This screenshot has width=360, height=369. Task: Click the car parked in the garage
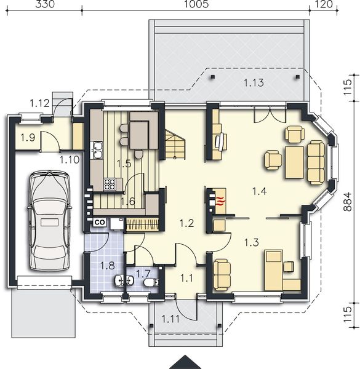click(49, 221)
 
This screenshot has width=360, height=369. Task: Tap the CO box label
click(100, 223)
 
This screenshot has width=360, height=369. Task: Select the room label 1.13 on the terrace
click(254, 83)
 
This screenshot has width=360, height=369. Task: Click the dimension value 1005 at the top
click(196, 4)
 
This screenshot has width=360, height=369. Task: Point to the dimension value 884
click(348, 202)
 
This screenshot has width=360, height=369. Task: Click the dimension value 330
click(45, 4)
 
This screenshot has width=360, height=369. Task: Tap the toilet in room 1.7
click(151, 282)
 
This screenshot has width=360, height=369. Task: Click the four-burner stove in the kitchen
click(110, 184)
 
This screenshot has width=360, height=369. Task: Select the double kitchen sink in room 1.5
click(97, 151)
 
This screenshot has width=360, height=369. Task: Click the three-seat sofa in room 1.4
click(316, 162)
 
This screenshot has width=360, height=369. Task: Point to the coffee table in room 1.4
click(294, 162)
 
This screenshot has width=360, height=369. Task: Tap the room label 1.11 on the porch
click(170, 319)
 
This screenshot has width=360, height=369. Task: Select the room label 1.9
click(28, 137)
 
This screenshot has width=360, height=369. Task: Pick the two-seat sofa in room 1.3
click(222, 275)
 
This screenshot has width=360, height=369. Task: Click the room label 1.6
click(127, 202)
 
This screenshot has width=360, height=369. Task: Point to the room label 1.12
click(39, 103)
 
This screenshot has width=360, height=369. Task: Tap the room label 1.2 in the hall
click(186, 223)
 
